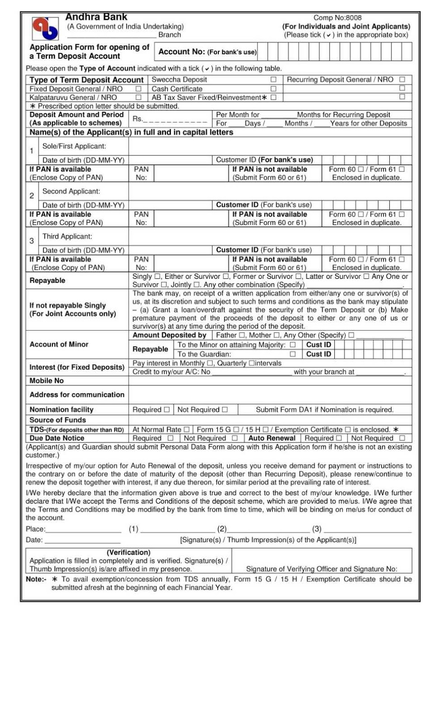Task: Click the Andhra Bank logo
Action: pyautogui.click(x=45, y=28)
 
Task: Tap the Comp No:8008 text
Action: pyautogui.click(x=337, y=18)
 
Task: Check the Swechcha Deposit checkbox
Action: pyautogui.click(x=273, y=79)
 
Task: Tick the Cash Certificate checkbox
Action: pyautogui.click(x=273, y=89)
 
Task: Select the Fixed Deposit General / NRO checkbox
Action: pyautogui.click(x=138, y=89)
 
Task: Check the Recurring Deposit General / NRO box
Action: pyautogui.click(x=402, y=79)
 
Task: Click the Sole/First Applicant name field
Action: pyautogui.click(x=270, y=146)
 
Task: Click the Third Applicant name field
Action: pyautogui.click(x=270, y=236)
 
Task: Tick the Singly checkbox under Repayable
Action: pyautogui.click(x=157, y=277)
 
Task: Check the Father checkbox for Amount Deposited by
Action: pyautogui.click(x=242, y=335)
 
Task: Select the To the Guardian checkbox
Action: pyautogui.click(x=293, y=354)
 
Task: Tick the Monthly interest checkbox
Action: pyautogui.click(x=210, y=363)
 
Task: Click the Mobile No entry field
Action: pyautogui.click(x=270, y=381)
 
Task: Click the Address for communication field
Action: pyautogui.click(x=270, y=394)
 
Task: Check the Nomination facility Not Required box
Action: pyautogui.click(x=225, y=410)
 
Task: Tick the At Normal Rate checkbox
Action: pyautogui.click(x=186, y=430)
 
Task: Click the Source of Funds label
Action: pyautogui.click(x=58, y=420)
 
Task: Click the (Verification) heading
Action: pyautogui.click(x=129, y=552)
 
